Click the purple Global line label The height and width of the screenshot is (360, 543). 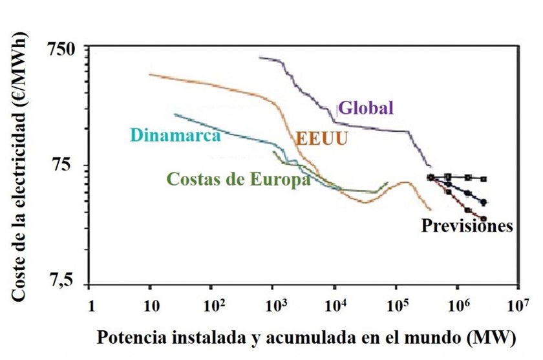[366, 107]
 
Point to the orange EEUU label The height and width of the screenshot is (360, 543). [321, 138]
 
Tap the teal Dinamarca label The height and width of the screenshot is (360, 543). [175, 135]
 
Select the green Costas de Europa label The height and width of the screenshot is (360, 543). [238, 179]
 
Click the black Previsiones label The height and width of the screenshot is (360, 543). [467, 226]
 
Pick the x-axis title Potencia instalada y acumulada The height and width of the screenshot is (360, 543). [301, 338]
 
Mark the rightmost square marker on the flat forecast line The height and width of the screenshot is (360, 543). [484, 179]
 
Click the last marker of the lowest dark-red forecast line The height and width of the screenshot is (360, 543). [483, 218]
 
